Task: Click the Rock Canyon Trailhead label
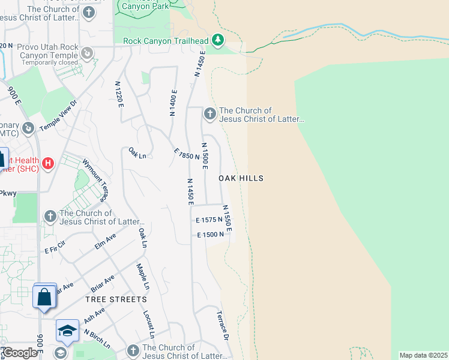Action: click(x=165, y=41)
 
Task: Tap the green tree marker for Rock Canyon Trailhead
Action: click(x=217, y=41)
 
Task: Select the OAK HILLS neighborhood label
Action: click(x=241, y=178)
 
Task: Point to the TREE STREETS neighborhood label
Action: click(x=116, y=299)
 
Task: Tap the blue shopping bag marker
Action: click(x=45, y=296)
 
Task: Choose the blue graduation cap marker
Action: click(x=67, y=331)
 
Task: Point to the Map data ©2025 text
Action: click(x=423, y=355)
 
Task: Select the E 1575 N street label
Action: click(x=209, y=220)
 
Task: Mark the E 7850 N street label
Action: click(x=186, y=154)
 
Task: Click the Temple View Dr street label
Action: click(x=59, y=116)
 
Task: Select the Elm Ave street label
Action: click(x=104, y=242)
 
